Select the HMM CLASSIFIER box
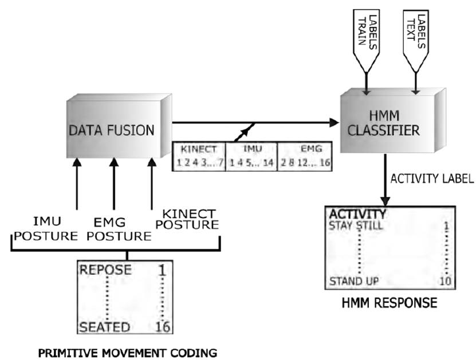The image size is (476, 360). tap(384, 122)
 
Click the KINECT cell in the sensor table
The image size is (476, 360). tap(199, 156)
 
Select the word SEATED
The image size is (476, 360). tap(105, 327)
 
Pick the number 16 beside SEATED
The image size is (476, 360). tap(163, 327)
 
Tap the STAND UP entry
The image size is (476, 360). tap(353, 282)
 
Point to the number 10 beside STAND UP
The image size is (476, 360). tap(445, 282)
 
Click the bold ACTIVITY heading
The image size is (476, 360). tap(356, 214)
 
